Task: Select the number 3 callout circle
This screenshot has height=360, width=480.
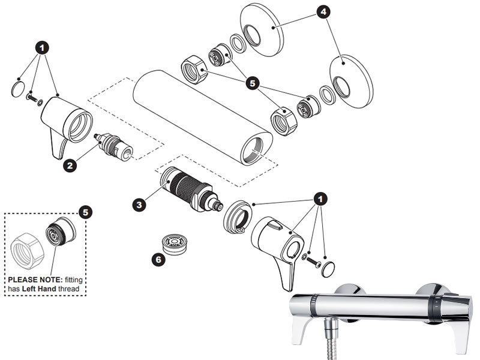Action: pos(139,204)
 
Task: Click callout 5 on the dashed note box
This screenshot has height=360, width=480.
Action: pos(86,212)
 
